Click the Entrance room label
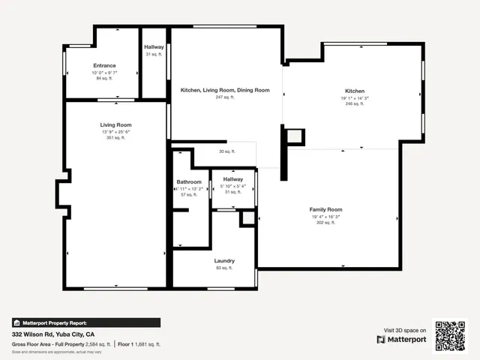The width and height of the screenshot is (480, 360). pos(104,66)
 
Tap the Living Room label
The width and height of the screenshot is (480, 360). pos(116,124)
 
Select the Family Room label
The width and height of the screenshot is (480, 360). pos(325,209)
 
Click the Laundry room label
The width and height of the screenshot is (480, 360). pos(224,261)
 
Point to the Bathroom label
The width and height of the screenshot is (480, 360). pos(189,182)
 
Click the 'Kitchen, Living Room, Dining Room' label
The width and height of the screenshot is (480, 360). pos(225,91)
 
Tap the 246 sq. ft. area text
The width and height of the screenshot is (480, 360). pos(355,104)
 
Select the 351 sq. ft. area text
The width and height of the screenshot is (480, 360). pos(116,138)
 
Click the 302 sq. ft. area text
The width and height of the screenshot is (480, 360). pos(325,223)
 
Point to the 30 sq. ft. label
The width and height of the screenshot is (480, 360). pos(226,151)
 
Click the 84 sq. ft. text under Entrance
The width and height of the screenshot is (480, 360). pos(104,78)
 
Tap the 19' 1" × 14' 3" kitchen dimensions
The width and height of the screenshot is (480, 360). pos(355,97)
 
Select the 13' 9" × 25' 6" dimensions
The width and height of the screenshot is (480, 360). pos(116,132)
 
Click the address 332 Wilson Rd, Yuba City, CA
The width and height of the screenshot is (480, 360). pos(52,334)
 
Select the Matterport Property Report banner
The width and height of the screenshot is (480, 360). pos(85,322)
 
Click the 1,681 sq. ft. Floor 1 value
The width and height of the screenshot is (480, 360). pos(147,344)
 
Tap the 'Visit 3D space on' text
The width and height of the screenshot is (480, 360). pos(405,330)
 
